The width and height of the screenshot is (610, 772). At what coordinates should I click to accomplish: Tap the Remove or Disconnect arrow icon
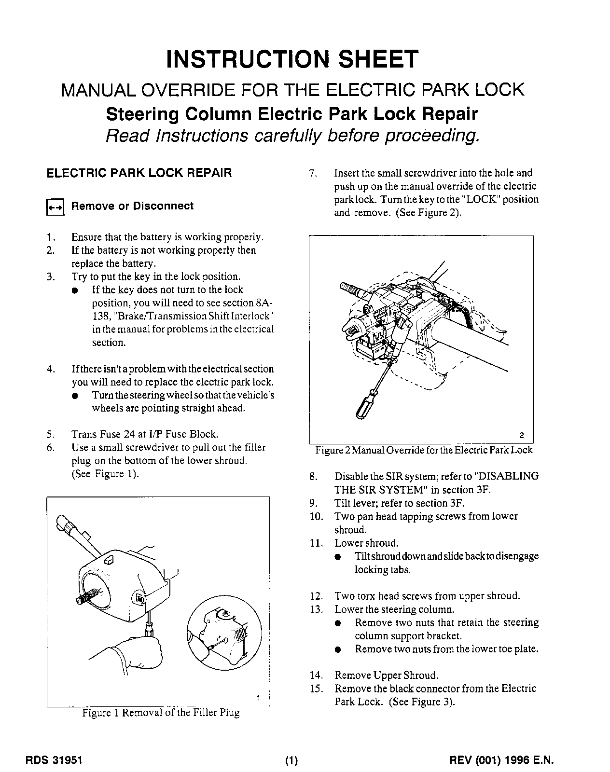click(55, 207)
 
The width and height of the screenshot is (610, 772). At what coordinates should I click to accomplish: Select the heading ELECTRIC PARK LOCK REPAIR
click(139, 173)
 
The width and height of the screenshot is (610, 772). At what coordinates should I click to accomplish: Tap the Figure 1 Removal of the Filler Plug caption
click(161, 713)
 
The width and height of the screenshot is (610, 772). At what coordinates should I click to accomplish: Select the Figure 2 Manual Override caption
click(424, 450)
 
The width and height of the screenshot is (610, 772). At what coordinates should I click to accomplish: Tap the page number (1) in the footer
click(292, 761)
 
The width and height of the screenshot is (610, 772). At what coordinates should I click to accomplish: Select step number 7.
click(312, 173)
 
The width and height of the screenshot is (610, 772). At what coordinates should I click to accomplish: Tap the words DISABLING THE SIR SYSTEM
click(437, 483)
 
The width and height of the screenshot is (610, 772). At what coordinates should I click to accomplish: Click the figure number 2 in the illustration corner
click(521, 435)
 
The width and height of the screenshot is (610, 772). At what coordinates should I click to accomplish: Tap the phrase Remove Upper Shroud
click(386, 675)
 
